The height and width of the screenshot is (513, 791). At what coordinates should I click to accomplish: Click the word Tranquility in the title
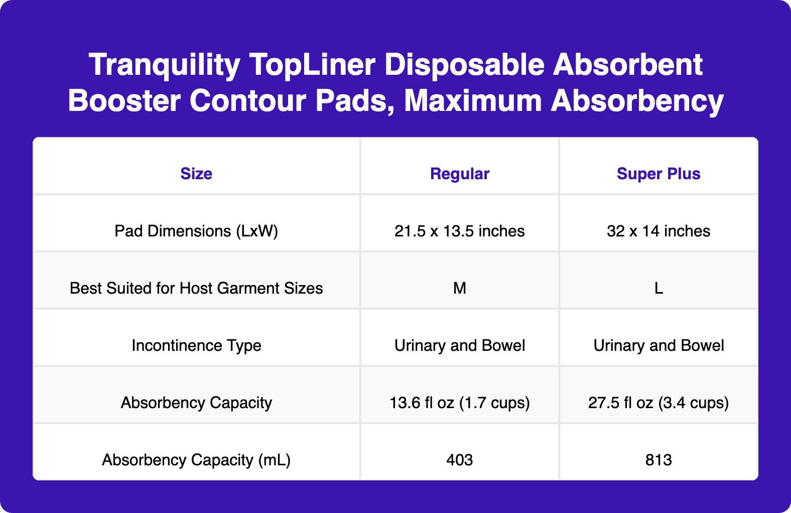[x=165, y=65]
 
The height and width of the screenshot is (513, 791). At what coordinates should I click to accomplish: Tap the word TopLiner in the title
[x=312, y=65]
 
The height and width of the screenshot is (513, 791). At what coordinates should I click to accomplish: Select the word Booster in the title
[x=124, y=101]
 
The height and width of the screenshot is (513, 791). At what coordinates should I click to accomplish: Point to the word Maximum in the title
[x=473, y=101]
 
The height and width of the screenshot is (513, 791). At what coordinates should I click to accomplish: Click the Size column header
[x=196, y=174]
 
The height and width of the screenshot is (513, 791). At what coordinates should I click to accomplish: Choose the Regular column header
[x=459, y=174]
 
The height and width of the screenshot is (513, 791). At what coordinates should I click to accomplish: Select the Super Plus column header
[x=658, y=174]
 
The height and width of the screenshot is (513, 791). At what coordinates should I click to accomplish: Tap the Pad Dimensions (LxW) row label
[x=196, y=231]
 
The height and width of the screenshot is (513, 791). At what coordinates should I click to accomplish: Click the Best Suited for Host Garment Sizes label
[x=196, y=288]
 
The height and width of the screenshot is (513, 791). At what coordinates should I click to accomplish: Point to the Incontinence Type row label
[x=196, y=345]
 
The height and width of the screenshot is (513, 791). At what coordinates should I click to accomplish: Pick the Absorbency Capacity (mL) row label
[x=196, y=460]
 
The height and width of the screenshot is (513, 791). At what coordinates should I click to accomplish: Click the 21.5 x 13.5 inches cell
[x=459, y=231]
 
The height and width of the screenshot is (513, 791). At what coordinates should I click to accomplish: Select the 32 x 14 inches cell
[x=658, y=231]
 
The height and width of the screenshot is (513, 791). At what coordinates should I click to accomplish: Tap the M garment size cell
[x=459, y=288]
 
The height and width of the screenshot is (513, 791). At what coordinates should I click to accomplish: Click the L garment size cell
[x=658, y=288]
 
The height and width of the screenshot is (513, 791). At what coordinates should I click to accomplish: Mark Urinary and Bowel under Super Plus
[x=658, y=345]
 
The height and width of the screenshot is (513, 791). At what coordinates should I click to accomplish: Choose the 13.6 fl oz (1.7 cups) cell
[x=459, y=403]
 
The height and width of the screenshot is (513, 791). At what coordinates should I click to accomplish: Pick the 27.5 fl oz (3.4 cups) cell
[x=658, y=403]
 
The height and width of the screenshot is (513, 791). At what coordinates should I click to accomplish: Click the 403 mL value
[x=459, y=460]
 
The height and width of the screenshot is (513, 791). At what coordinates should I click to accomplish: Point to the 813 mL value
[x=658, y=460]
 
